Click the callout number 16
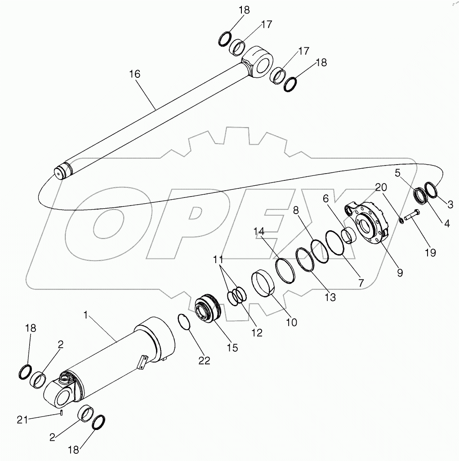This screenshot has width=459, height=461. pos(135,74)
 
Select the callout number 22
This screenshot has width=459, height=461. pos(204,361)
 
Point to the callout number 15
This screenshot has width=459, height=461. pos(232,347)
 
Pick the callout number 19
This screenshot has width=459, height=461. pos(430,252)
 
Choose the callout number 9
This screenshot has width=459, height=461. pos(399,272)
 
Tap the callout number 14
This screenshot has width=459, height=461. pos(258,231)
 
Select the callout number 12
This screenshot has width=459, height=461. pos(257,333)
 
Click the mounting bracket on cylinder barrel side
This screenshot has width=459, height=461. pos(142,363)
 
